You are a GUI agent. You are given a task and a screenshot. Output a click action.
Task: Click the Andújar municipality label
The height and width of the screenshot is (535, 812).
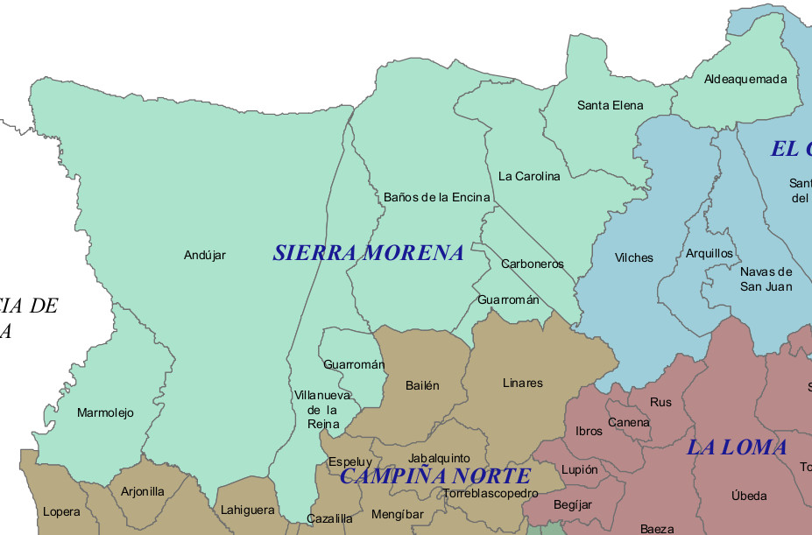[x=204, y=256]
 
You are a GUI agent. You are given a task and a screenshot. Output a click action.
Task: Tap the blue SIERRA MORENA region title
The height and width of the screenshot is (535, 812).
[x=368, y=253]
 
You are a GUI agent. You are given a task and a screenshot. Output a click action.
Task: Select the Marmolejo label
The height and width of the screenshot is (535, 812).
[x=105, y=412]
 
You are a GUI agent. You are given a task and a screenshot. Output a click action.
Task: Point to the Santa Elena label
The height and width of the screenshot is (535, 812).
[x=610, y=105]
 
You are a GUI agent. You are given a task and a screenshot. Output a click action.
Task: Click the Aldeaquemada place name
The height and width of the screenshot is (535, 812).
[x=745, y=79]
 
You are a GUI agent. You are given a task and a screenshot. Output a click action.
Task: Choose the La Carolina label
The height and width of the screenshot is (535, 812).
[x=528, y=176]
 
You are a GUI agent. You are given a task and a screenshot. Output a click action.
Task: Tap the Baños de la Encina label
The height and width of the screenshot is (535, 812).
[x=436, y=197]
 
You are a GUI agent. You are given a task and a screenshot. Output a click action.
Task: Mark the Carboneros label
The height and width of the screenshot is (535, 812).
[x=532, y=264]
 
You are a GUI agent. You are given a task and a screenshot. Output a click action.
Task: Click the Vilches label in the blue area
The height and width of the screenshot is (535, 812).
[x=633, y=257]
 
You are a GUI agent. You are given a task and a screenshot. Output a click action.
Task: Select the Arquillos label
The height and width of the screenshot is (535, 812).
[x=709, y=253]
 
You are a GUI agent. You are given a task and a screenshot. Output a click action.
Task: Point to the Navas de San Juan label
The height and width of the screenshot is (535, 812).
[x=766, y=279]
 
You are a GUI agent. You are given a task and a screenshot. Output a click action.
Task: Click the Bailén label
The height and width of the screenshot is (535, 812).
[x=422, y=385]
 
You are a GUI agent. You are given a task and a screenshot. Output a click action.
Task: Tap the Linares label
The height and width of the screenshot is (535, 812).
[x=522, y=383]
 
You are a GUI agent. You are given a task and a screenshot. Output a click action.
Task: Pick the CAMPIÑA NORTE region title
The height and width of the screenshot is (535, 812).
[x=434, y=476]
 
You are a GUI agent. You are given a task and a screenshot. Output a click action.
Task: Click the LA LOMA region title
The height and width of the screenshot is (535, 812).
[x=736, y=447]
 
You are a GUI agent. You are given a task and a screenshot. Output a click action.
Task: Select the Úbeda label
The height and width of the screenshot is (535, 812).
[x=748, y=496]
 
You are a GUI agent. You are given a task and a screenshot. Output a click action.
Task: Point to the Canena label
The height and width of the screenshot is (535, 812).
[x=628, y=422]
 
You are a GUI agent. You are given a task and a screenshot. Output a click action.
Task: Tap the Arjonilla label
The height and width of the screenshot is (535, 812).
[x=142, y=491]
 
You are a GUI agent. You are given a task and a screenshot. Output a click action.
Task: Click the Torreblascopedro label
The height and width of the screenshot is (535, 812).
[x=491, y=493]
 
